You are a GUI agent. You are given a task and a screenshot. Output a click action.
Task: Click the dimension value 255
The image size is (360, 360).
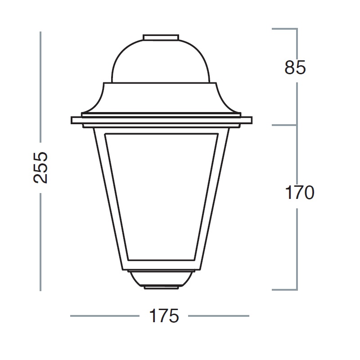point(40,167)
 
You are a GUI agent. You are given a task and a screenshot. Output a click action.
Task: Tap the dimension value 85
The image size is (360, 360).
point(295,67)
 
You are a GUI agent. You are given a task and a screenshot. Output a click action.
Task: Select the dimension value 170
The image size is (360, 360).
point(299,193)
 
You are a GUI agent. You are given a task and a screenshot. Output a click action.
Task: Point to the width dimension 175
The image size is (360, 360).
point(164,316)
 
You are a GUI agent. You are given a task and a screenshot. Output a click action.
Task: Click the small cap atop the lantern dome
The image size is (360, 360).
point(161,37)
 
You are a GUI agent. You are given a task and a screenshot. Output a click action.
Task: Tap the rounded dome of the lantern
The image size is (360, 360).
point(161,61)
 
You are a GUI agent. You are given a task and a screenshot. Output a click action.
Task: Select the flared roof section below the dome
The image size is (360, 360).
point(161,98)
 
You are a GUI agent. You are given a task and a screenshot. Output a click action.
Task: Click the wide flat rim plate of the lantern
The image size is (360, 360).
point(162,120)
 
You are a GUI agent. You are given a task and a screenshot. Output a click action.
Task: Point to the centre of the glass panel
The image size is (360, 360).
point(162,197)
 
